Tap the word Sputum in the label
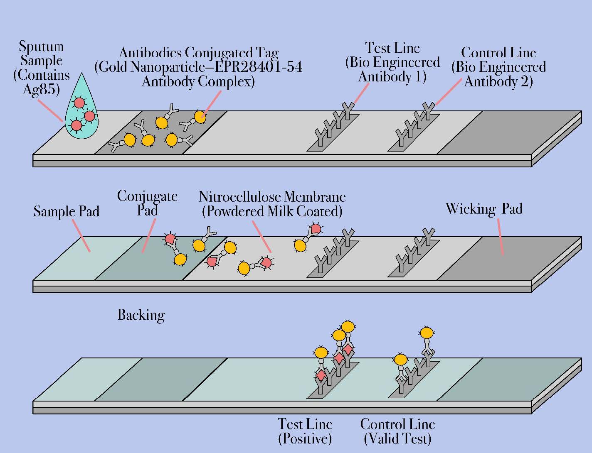pyautogui.click(x=41, y=46)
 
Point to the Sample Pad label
pyautogui.click(x=66, y=211)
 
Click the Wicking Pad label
pyautogui.click(x=483, y=208)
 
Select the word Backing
pyautogui.click(x=141, y=315)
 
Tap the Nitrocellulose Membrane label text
pyautogui.click(x=272, y=196)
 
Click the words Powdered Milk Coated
pyautogui.click(x=272, y=211)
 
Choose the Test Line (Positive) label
pyautogui.click(x=305, y=431)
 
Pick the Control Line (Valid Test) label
pyautogui.click(x=397, y=431)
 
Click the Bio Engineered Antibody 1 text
pyautogui.click(x=392, y=70)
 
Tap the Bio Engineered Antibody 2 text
pyautogui.click(x=498, y=74)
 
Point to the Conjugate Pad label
pyautogui.click(x=147, y=203)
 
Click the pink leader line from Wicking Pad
pyautogui.click(x=501, y=237)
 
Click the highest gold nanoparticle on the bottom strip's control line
pyautogui.click(x=426, y=333)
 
